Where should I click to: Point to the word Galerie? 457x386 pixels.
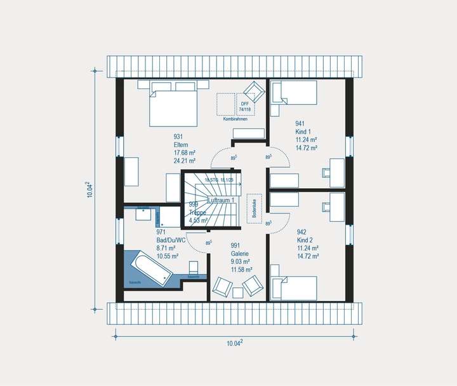240,253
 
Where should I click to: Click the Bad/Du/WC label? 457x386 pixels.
171,240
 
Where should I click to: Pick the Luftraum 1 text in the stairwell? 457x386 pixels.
222,200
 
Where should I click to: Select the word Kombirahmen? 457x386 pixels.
235,119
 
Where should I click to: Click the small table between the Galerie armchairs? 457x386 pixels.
238,292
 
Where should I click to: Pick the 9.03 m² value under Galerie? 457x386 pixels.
240,261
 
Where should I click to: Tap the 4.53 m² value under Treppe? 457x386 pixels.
199,221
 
